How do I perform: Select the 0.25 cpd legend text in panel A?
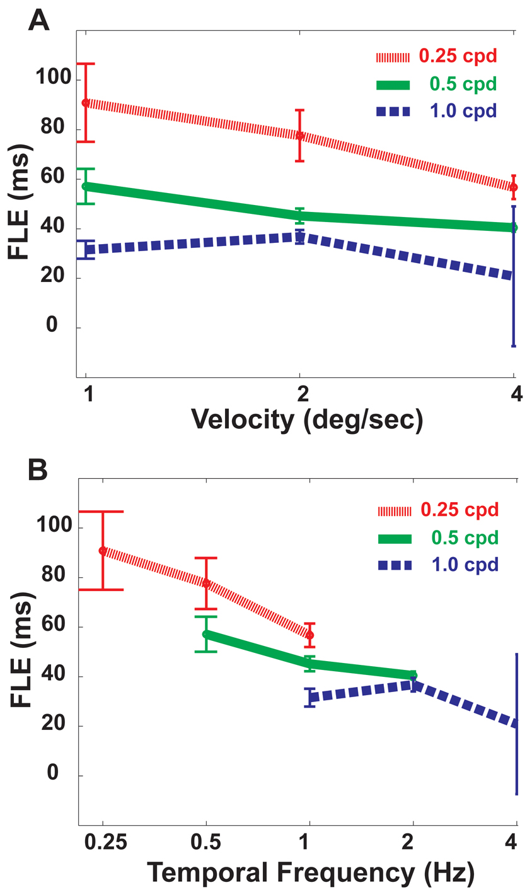click(458, 56)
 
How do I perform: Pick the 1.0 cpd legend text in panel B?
click(465, 565)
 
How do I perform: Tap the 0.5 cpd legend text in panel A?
click(463, 84)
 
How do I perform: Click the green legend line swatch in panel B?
click(394, 538)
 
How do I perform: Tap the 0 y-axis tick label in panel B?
click(53, 775)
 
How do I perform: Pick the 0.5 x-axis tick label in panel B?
click(206, 843)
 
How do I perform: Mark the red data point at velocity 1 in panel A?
click(86, 102)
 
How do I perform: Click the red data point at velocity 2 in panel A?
click(300, 136)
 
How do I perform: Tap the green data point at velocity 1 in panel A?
click(86, 186)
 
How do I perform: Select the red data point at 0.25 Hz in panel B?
click(102, 551)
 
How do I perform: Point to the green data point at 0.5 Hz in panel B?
click(206, 633)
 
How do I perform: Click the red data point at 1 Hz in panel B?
click(309, 635)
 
